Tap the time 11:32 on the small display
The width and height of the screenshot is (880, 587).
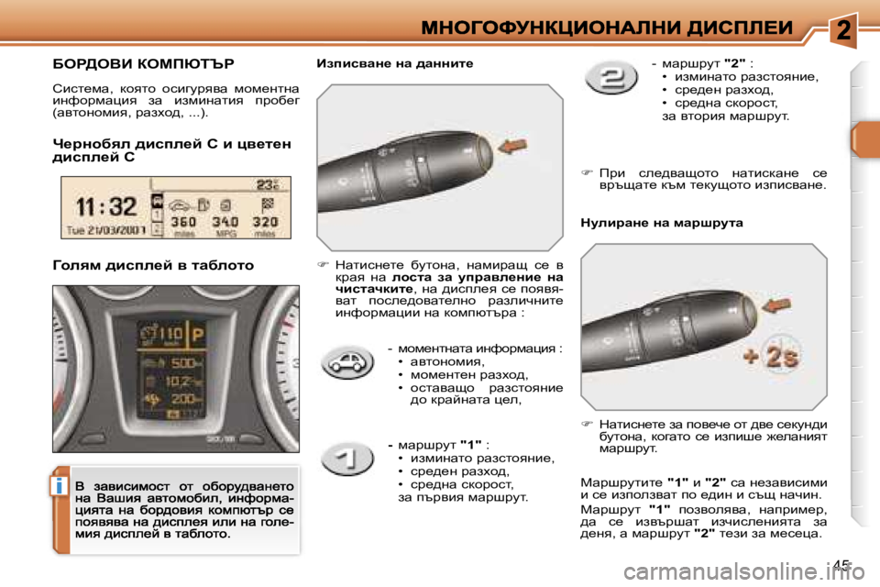101,207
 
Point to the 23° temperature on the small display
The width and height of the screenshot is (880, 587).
267,184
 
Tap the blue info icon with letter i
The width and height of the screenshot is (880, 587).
60,485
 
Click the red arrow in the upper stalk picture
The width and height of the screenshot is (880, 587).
514,143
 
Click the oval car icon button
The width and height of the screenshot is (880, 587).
346,363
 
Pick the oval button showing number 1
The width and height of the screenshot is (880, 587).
346,459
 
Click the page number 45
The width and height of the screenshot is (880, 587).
842,566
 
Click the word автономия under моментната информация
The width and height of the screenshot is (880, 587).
445,361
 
